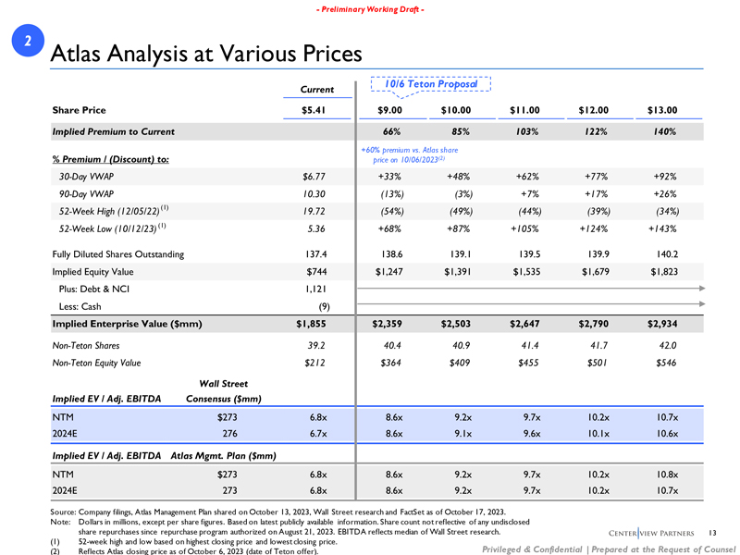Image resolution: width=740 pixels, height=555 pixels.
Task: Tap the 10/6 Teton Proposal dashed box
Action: tap(430, 84)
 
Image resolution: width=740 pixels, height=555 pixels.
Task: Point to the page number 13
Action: tap(711, 531)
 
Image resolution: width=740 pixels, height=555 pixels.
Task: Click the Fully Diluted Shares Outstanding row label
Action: tap(118, 253)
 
